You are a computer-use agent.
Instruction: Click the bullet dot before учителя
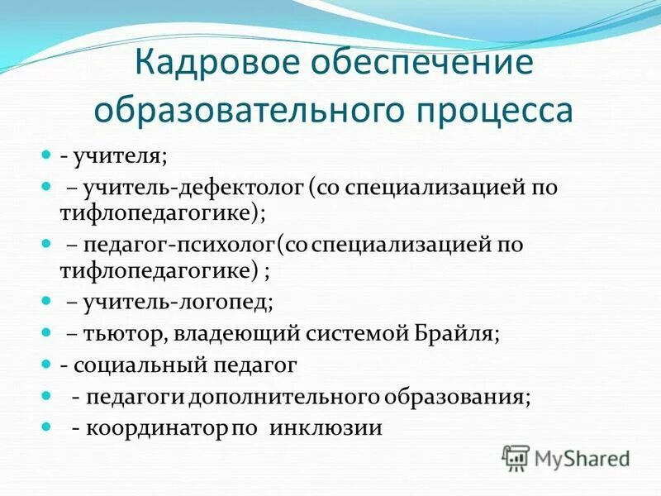pyautogui.click(x=46, y=154)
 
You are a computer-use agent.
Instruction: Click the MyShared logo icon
pyautogui.click(x=516, y=458)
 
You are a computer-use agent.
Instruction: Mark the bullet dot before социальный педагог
pyautogui.click(x=46, y=363)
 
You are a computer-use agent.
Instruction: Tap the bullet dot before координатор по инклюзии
pyautogui.click(x=46, y=427)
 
